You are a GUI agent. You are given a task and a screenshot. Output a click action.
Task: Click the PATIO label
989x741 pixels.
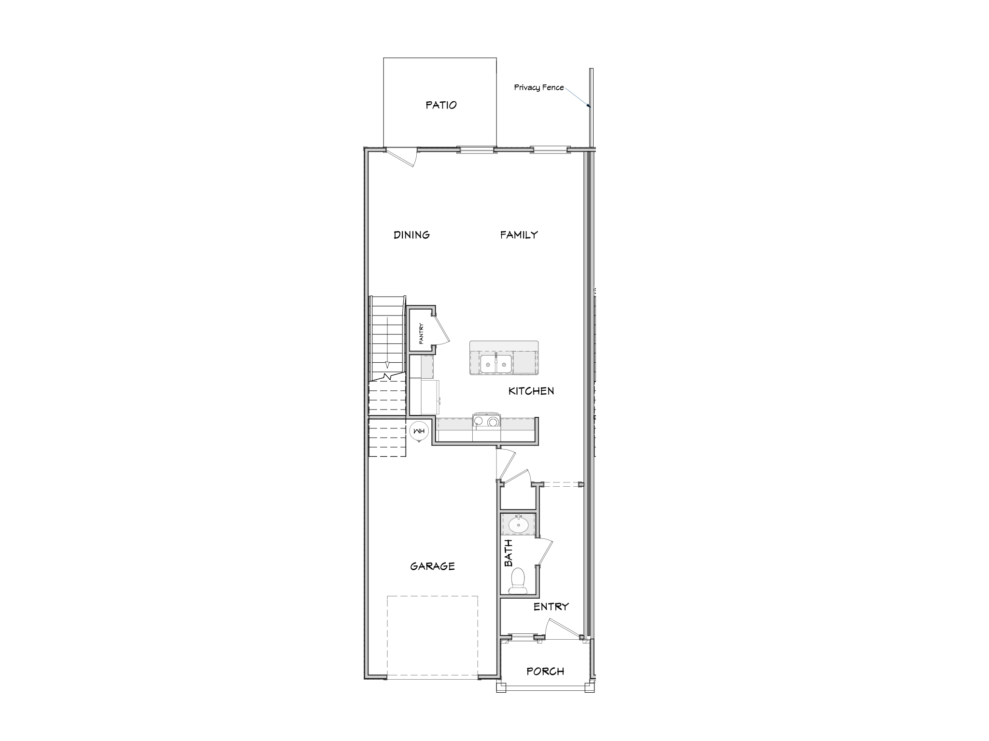(x=441, y=105)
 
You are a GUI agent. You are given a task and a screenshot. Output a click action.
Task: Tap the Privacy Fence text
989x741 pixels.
(x=538, y=87)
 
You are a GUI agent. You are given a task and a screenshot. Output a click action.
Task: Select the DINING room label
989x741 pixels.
(x=411, y=235)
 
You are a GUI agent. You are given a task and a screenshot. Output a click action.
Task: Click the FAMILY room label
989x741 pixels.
(x=519, y=235)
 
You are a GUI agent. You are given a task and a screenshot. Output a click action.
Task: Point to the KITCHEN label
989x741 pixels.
(x=531, y=391)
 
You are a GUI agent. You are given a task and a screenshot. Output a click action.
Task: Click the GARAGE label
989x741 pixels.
(x=432, y=566)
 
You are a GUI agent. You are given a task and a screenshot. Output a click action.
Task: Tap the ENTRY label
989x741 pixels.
(x=551, y=607)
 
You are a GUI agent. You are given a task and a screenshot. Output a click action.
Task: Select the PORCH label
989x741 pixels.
(x=545, y=672)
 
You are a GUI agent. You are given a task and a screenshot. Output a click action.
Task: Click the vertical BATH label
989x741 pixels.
(x=509, y=553)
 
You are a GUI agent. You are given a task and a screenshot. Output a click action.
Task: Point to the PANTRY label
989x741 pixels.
(x=421, y=333)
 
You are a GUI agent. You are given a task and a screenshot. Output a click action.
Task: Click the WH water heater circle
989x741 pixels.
(x=418, y=431)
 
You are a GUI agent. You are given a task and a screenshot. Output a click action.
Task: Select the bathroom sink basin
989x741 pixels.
(x=519, y=525)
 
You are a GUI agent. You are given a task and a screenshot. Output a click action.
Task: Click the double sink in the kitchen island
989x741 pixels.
(x=496, y=364)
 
